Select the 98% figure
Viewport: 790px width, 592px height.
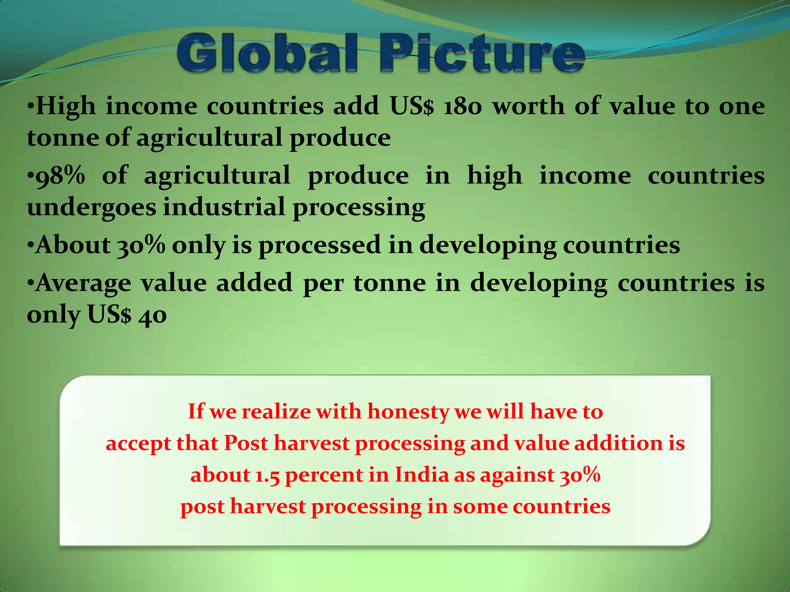tap(60, 176)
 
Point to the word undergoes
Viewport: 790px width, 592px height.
tap(91, 207)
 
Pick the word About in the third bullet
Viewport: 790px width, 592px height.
tap(73, 245)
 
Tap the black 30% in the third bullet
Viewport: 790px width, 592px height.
tap(141, 245)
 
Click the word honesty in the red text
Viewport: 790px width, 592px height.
tap(408, 412)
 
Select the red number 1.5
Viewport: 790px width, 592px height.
tap(267, 475)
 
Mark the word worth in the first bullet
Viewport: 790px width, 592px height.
tap(529, 106)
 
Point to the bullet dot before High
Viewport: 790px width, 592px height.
tap(30, 106)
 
